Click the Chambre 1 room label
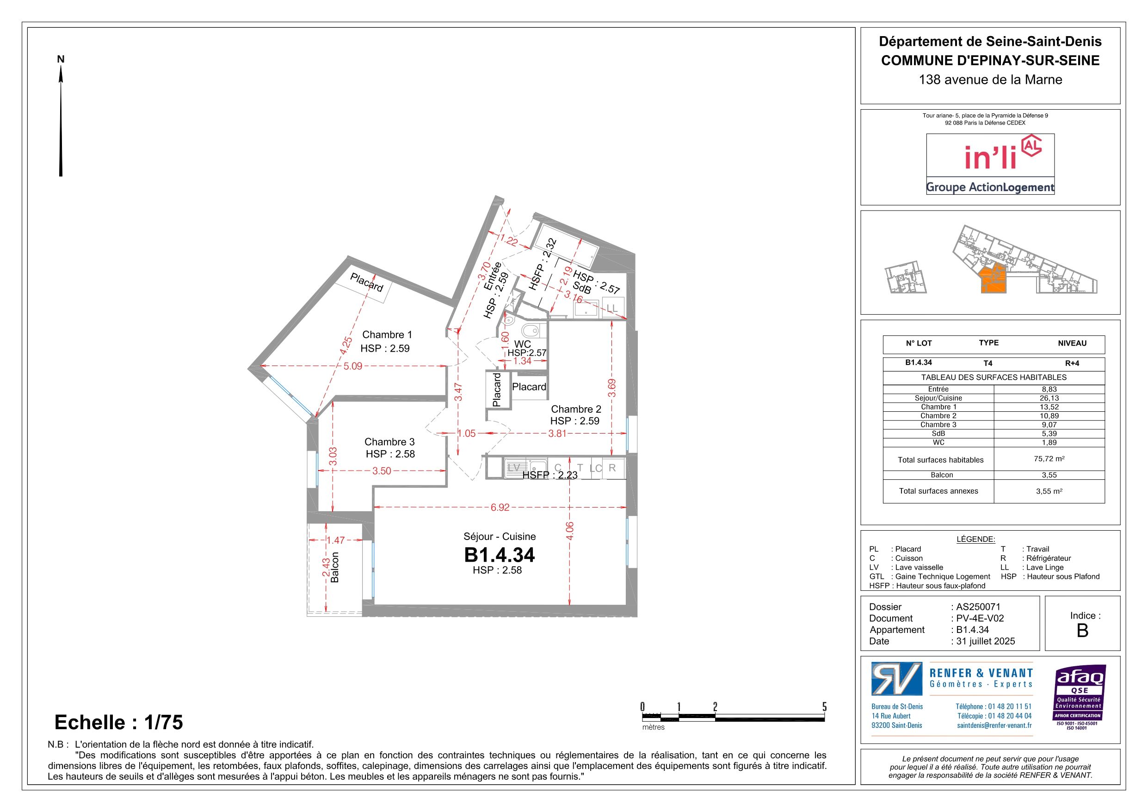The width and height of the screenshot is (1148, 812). click(387, 335)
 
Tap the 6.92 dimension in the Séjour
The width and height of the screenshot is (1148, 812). click(500, 507)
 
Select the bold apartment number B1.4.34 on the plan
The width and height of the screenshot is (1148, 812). click(500, 555)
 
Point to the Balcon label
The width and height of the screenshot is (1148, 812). click(335, 567)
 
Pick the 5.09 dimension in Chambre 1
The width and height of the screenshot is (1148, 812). click(352, 366)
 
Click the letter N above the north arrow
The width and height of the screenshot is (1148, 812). click(61, 59)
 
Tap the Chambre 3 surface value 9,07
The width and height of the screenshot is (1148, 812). click(1049, 424)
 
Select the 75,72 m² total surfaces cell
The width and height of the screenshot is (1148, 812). click(1049, 458)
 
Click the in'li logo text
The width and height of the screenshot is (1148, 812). click(983, 158)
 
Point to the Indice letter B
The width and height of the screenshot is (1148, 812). click(1082, 631)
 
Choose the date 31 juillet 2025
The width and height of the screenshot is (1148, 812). click(986, 641)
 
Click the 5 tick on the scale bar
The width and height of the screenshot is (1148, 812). click(825, 707)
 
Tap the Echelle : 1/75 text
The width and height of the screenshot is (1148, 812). click(118, 722)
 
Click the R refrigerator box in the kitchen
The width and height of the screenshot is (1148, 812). click(612, 468)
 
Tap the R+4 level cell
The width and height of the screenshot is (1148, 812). click(1072, 363)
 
